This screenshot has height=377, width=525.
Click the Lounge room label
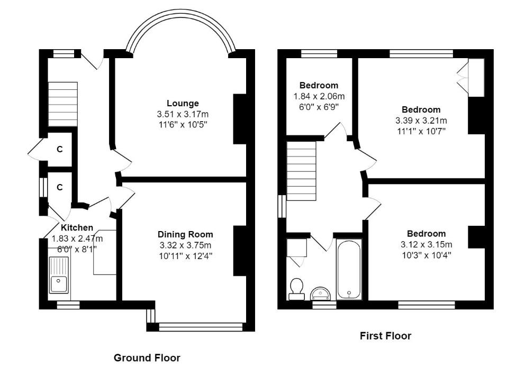[183, 103]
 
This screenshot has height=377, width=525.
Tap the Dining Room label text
[185, 234]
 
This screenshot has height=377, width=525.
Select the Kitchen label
[77, 227]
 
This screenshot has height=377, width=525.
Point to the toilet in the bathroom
[297, 288]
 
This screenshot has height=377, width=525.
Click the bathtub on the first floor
[349, 270]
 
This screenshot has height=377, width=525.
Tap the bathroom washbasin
[321, 292]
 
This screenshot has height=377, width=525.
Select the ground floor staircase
[63, 104]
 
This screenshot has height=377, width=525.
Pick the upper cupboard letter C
[60, 150]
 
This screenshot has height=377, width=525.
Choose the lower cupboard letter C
[60, 187]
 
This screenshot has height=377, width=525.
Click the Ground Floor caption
[147, 358]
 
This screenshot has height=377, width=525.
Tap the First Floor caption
[385, 335]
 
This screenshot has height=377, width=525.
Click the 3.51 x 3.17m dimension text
[183, 114]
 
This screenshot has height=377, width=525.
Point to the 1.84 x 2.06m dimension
[319, 96]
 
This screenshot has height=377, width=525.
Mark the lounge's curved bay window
[180, 29]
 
